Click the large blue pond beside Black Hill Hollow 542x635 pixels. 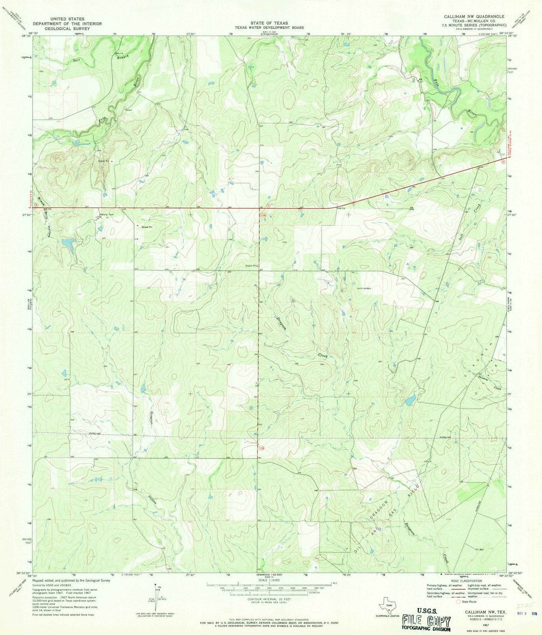coord(70,247)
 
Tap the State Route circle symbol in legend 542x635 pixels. coord(457,601)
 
